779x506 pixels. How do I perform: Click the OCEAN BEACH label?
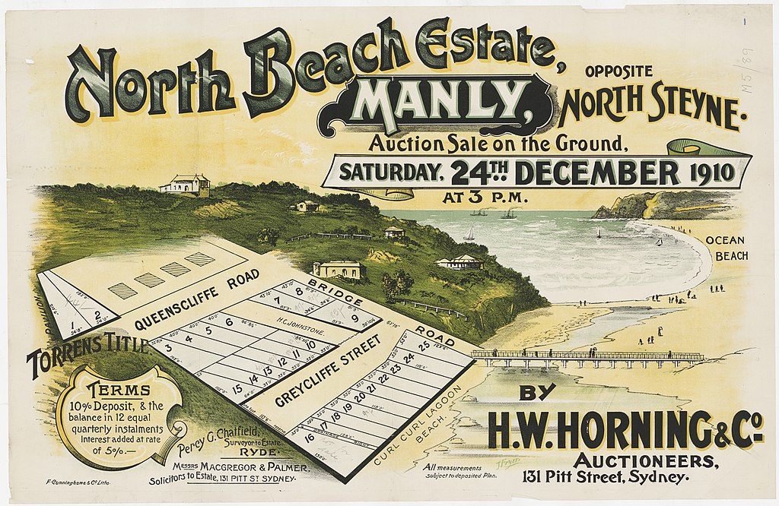tap(727, 248)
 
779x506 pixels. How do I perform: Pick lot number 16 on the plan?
tap(309, 438)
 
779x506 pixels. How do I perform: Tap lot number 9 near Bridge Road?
tap(355, 318)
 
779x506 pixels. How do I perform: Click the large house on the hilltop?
tap(185, 184)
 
